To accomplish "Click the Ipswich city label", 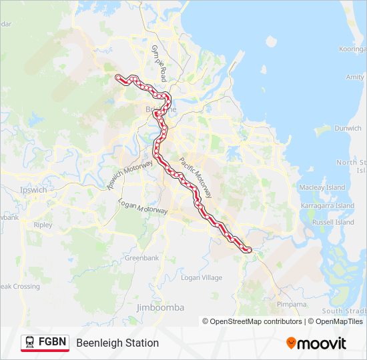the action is tap(33, 190).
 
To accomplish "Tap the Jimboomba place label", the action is tap(159, 307).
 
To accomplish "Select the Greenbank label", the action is tap(141, 257).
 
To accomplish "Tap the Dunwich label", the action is tap(348, 128).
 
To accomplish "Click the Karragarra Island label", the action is tap(327, 206).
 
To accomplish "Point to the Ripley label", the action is tap(42, 225).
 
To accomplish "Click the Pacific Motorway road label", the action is tap(195, 177).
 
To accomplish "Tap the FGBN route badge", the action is tap(45, 343).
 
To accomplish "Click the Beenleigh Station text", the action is tap(117, 343).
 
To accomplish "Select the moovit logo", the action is tap(316, 343).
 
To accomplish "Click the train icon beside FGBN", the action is tap(30, 343).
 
